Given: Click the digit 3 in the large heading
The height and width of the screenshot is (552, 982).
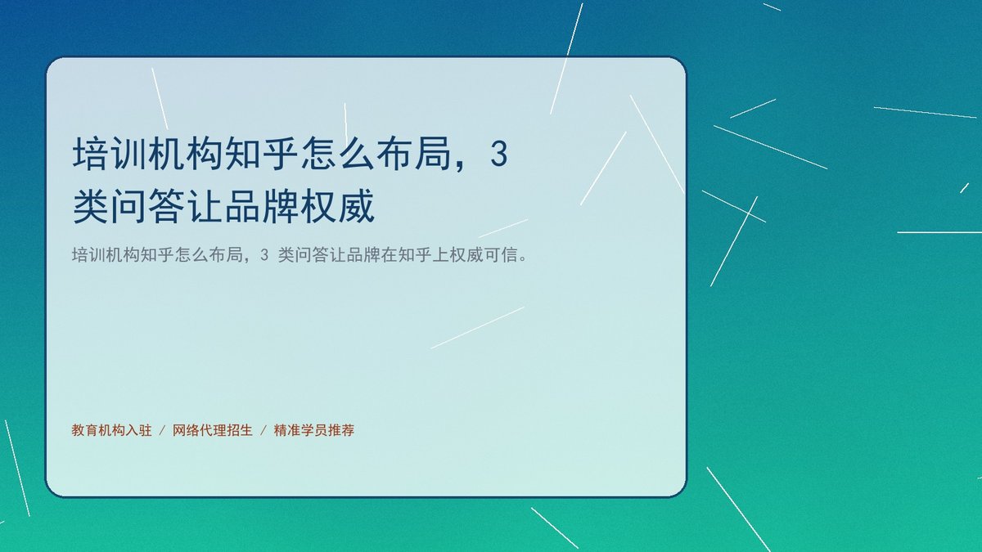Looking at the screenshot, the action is coord(499,154).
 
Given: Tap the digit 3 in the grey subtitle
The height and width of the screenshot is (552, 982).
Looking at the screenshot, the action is coord(264,255).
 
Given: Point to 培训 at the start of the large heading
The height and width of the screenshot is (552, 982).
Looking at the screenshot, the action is coord(109,154).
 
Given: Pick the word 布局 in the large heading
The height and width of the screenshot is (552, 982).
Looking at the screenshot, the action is coord(413,154).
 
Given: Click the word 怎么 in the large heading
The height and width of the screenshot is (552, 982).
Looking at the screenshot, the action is coord(337,154).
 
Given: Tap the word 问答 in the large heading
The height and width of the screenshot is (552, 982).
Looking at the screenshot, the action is coord(148,206).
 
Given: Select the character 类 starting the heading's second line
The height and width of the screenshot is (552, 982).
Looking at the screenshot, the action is coord(91,206).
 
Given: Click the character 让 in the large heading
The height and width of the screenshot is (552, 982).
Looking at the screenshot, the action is coord(205,206).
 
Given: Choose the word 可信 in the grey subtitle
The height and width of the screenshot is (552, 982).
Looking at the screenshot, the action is coord(501,254).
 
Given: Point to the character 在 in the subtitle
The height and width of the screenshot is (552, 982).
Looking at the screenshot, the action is coord(390,254).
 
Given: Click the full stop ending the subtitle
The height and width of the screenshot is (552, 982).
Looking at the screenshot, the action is coord(523,258).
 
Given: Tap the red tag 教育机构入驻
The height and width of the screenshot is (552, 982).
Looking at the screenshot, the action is coord(111,430).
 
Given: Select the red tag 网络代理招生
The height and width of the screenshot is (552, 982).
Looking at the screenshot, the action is coord(213,430).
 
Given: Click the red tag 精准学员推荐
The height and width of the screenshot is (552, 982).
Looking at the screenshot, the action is coord(314,430).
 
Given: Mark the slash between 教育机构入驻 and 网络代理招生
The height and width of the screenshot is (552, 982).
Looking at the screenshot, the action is coord(162,431).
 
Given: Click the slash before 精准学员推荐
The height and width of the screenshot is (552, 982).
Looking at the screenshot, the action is coord(264,431).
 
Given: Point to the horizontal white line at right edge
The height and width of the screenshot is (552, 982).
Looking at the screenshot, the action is coord(939,232).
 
